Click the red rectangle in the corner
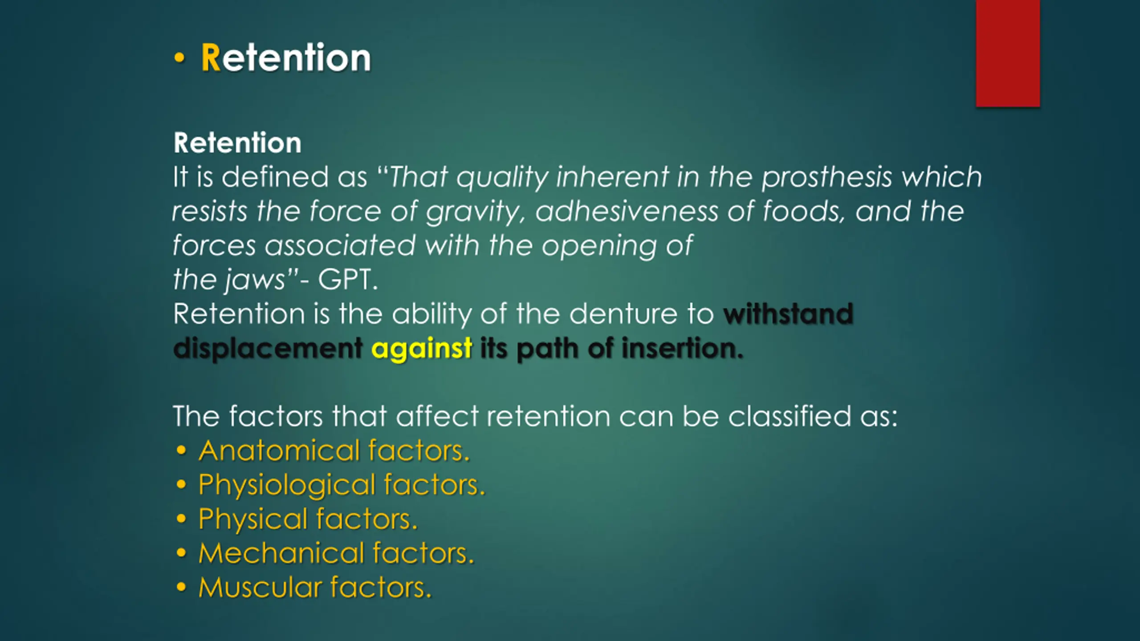[x=1008, y=53]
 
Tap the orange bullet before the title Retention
[x=179, y=58]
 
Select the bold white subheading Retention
[x=237, y=143]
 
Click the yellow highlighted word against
[x=422, y=348]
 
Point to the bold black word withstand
[x=788, y=314]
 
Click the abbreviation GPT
[x=347, y=280]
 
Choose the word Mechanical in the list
[x=281, y=553]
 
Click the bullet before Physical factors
[x=181, y=519]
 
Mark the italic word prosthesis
[x=826, y=178]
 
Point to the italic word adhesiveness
[x=627, y=211]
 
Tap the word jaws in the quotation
[x=255, y=280]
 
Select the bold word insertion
[x=682, y=348]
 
